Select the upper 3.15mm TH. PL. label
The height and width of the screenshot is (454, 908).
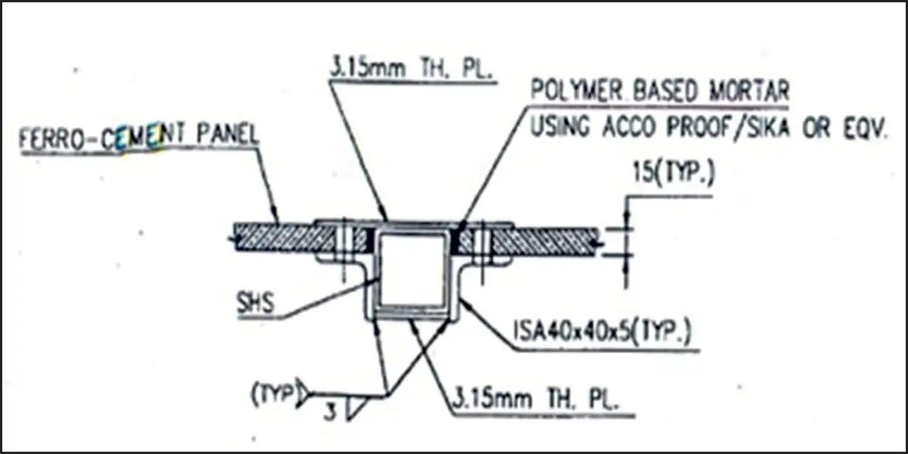(411, 67)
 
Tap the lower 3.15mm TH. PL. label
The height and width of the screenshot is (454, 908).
(535, 400)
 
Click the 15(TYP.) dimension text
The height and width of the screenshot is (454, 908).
(673, 173)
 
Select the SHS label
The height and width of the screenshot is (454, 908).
(256, 303)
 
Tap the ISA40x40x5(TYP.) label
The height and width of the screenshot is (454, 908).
(602, 331)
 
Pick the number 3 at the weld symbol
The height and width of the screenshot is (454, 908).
(331, 412)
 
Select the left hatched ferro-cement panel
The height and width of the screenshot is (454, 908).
(284, 239)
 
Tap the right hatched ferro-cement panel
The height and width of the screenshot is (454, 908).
(544, 242)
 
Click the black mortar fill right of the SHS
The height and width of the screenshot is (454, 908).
(456, 241)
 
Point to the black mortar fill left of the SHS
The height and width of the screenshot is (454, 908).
(370, 240)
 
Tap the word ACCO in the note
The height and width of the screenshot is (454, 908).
(629, 128)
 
